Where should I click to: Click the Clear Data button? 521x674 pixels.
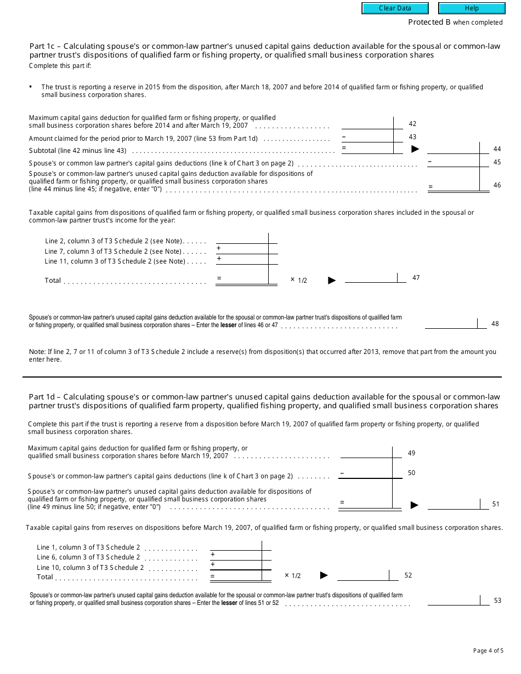point(395,8)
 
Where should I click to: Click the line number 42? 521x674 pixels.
point(412,124)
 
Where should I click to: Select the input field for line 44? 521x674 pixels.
point(453,148)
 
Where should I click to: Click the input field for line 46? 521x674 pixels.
point(453,185)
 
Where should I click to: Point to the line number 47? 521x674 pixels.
point(416,278)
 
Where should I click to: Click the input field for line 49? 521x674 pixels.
point(366,452)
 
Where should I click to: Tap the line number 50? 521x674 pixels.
point(412,473)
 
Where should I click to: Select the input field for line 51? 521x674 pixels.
point(454,504)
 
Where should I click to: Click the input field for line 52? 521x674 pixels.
point(363,575)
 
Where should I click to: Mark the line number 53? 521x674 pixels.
point(497,601)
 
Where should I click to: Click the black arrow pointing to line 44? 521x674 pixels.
point(415,149)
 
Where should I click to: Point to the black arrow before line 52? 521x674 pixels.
point(324,575)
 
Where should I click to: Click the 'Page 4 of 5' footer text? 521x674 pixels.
point(488,651)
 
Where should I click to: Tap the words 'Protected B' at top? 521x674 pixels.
point(426,22)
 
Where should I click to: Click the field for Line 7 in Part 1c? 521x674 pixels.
point(242,249)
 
